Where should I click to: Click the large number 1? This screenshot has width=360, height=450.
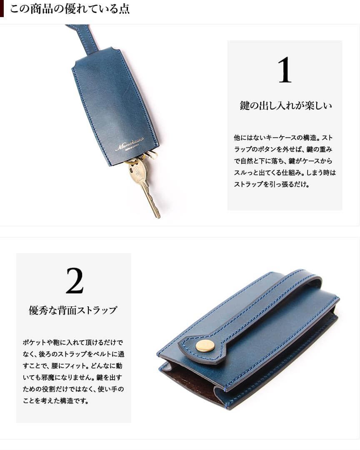(285, 70)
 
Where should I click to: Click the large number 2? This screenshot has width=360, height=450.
(75, 281)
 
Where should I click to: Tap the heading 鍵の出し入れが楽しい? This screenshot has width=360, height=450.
(286, 106)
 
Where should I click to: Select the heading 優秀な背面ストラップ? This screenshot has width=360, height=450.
(73, 310)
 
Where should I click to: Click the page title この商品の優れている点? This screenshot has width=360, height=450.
(70, 9)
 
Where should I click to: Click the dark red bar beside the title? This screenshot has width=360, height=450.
(2, 9)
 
